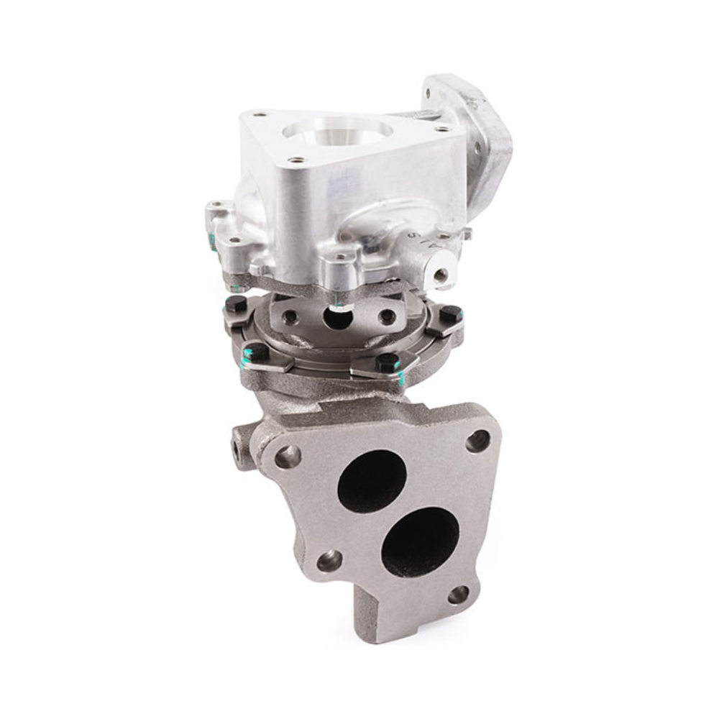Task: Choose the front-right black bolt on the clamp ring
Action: (387, 360)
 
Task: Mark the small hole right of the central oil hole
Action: (387, 316)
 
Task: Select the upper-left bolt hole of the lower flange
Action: (288, 455)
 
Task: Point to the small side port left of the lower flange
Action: (238, 444)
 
